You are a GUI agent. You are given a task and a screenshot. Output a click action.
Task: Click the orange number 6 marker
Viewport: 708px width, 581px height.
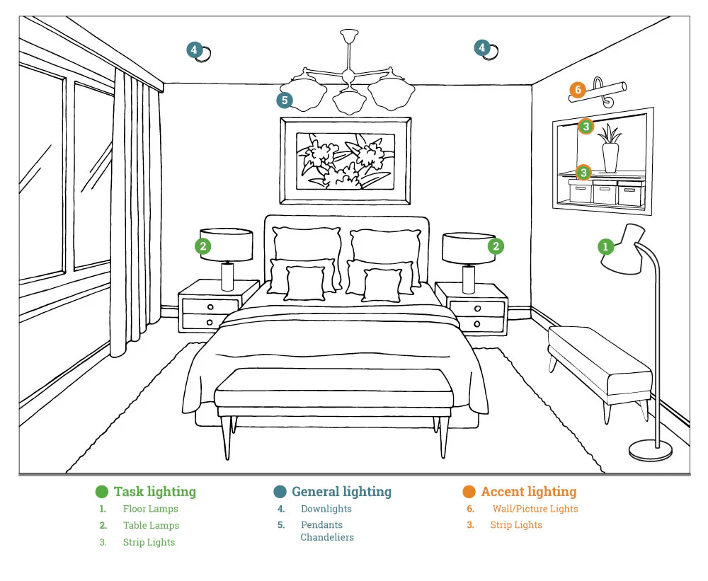click(578, 90)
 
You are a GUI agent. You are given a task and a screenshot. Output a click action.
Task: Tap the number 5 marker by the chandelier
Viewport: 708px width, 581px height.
click(285, 100)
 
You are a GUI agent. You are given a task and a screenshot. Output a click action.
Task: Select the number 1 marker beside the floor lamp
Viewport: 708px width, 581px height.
click(605, 246)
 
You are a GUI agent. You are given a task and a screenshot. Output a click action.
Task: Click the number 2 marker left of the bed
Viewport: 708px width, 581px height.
click(203, 246)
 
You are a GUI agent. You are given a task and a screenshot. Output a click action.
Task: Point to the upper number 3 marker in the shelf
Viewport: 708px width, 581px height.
click(586, 126)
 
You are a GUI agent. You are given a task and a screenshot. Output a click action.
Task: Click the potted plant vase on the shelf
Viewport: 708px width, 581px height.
click(610, 156)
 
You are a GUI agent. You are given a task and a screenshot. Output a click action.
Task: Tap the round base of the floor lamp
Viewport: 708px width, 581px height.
click(651, 449)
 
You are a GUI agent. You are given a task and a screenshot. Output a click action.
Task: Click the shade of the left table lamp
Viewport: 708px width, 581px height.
click(226, 244)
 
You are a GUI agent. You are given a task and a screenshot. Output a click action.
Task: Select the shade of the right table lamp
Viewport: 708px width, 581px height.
click(469, 248)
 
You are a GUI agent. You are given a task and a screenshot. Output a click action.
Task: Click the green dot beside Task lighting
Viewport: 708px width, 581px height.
click(102, 492)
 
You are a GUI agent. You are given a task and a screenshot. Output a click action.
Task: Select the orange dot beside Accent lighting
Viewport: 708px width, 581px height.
click(469, 492)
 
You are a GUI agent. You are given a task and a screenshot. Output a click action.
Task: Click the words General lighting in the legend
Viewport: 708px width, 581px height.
click(341, 492)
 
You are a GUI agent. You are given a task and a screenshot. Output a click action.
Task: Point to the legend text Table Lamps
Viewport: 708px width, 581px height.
click(151, 526)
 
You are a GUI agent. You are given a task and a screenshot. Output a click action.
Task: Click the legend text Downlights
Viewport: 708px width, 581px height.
click(326, 509)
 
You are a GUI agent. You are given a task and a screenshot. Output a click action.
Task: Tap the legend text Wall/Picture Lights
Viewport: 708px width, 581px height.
click(535, 509)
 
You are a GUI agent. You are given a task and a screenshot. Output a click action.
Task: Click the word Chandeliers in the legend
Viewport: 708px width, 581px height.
click(326, 538)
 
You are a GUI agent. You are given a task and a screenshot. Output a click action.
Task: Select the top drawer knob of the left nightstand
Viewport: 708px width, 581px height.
click(210, 306)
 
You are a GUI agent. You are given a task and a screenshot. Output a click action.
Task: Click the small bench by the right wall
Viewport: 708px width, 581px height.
click(599, 363)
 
